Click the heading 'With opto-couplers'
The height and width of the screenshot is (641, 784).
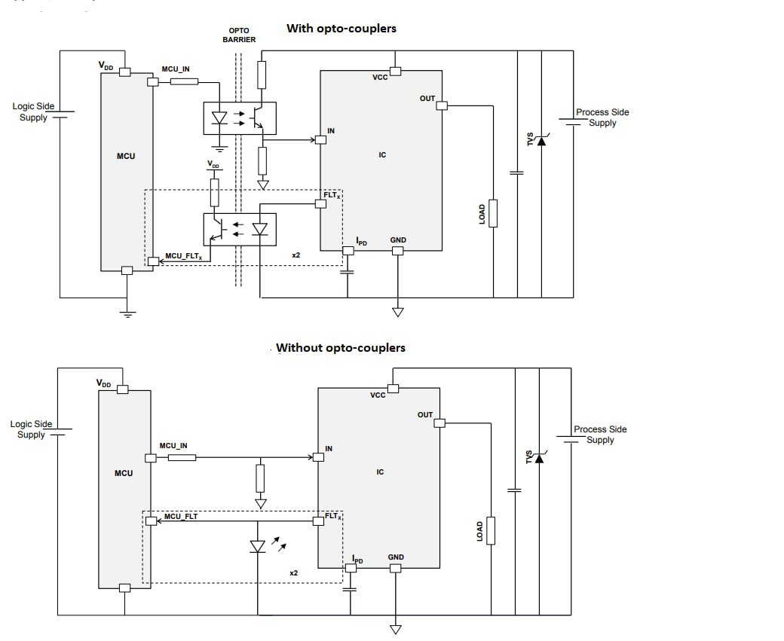[x=341, y=29]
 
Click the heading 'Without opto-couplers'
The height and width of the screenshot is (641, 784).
[x=341, y=348]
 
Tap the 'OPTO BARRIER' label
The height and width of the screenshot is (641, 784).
[x=239, y=35]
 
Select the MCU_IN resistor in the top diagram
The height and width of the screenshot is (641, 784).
[x=184, y=80]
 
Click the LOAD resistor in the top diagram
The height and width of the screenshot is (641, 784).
[x=493, y=213]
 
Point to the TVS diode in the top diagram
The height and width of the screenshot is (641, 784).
[x=541, y=139]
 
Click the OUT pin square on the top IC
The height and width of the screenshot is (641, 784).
[x=443, y=105]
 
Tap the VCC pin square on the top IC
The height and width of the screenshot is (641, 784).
[x=395, y=71]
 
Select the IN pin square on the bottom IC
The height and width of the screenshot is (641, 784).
[x=319, y=457]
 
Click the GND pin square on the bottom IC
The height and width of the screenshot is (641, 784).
[x=394, y=569]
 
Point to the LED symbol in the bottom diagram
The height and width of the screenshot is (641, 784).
[x=258, y=546]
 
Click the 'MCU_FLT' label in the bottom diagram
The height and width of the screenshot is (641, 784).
[x=181, y=516]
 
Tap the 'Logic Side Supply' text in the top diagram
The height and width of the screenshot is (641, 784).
[x=33, y=111]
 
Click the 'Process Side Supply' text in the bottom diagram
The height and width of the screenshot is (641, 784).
[x=600, y=435]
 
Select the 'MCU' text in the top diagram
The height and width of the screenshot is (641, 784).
[x=126, y=156]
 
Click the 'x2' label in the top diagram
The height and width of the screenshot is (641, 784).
[x=296, y=255]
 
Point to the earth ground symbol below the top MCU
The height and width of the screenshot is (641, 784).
[x=127, y=312]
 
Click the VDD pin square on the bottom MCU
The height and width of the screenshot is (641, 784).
[x=122, y=389]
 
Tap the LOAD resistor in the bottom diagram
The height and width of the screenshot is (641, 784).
[x=492, y=530]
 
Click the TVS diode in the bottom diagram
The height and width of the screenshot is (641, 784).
[x=538, y=457]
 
